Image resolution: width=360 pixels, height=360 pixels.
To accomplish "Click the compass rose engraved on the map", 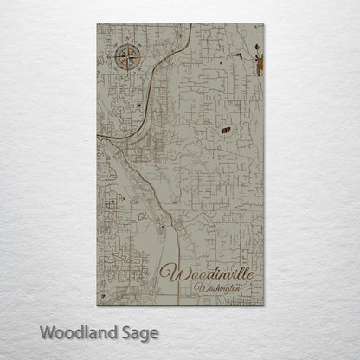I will click(x=125, y=61).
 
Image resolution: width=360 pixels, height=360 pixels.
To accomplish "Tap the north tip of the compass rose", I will click(x=125, y=46).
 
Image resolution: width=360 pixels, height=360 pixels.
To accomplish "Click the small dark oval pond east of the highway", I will click(x=226, y=130).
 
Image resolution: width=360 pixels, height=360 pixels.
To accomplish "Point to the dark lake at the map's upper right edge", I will click(x=257, y=62).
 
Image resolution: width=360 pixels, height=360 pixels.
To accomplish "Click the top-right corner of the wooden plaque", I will click(x=264, y=25).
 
